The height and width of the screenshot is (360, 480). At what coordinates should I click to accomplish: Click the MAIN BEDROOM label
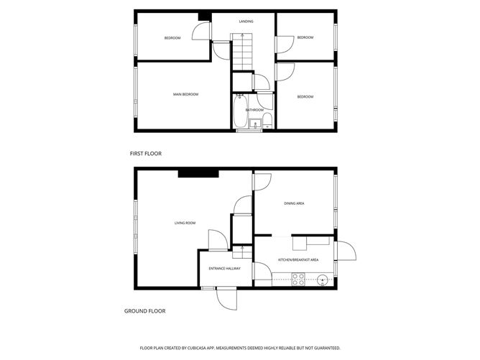tap(185, 95)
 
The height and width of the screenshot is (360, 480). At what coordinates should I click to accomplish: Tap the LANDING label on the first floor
tap(246, 22)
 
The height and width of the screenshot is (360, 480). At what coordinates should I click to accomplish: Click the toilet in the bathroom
tap(266, 119)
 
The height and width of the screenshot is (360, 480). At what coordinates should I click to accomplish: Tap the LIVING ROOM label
tap(185, 223)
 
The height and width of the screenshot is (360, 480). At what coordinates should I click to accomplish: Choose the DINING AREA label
tap(294, 204)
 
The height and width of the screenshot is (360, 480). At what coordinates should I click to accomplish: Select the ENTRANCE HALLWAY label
tap(224, 269)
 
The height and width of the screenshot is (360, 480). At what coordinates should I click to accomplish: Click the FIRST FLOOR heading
tap(145, 154)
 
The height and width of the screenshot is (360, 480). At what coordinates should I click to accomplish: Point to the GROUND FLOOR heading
tap(145, 311)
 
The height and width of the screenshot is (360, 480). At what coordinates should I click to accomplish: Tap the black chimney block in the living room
tap(198, 172)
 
